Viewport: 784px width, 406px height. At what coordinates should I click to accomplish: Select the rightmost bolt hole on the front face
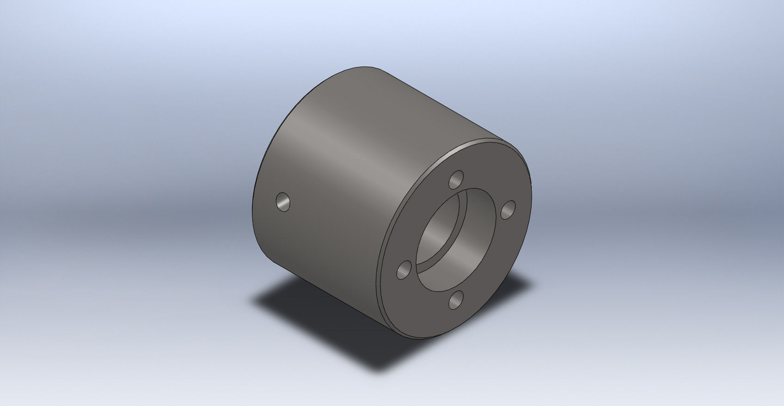pos(508,210)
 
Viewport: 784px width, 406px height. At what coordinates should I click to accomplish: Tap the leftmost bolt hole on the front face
pos(404,270)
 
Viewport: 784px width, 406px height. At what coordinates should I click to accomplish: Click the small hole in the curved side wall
pos(283,202)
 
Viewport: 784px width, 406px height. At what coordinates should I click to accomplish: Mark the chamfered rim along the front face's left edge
pos(386,259)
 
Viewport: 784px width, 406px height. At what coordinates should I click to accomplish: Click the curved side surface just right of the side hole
pos(314,208)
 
